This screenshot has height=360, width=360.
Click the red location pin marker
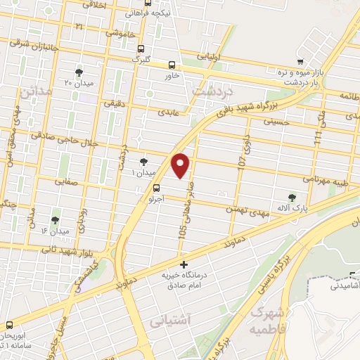click(181, 165)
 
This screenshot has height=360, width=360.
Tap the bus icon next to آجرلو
click(157, 188)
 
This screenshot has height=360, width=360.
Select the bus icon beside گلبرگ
click(141, 49)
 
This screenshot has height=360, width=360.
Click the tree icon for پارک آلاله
click(292, 199)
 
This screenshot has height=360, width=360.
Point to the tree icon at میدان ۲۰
click(79, 72)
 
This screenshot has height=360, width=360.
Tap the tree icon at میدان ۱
click(144, 161)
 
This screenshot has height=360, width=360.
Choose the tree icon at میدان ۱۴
click(55, 220)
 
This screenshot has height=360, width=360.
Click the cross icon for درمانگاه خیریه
click(184, 265)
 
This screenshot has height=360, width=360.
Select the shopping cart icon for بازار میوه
click(301, 61)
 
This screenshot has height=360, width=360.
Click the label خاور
click(173, 74)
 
